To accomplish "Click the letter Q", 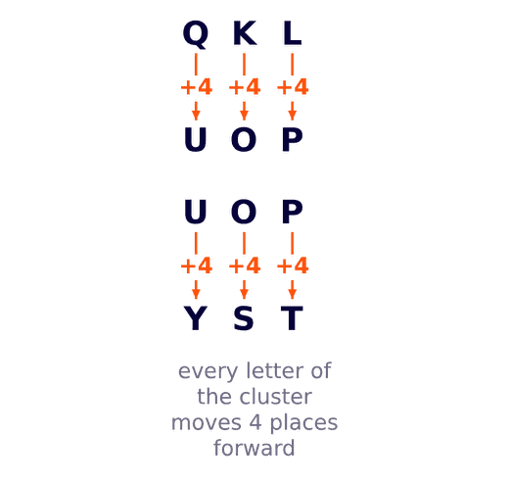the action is point(196,33).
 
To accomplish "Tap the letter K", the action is point(245,33).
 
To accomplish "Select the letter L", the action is point(292,33).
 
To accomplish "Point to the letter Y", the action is point(196,317).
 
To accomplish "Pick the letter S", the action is point(244,317).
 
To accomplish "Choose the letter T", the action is point(292,317).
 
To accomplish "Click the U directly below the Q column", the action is point(196,140).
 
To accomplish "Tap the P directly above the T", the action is point(292,211).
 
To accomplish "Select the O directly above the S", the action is point(244,211).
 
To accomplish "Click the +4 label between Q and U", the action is point(197,87).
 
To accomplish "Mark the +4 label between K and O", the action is point(245,87).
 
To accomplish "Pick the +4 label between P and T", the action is point(293,266).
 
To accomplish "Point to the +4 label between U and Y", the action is point(197,266).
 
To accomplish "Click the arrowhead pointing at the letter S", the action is point(244,294).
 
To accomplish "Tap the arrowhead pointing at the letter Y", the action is point(196,294).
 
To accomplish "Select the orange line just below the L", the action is point(292,65).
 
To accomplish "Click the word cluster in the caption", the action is point(276,397).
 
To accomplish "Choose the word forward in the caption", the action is point(254,448).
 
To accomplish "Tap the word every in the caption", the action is point(208,372).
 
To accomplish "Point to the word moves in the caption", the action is point(207,423).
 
